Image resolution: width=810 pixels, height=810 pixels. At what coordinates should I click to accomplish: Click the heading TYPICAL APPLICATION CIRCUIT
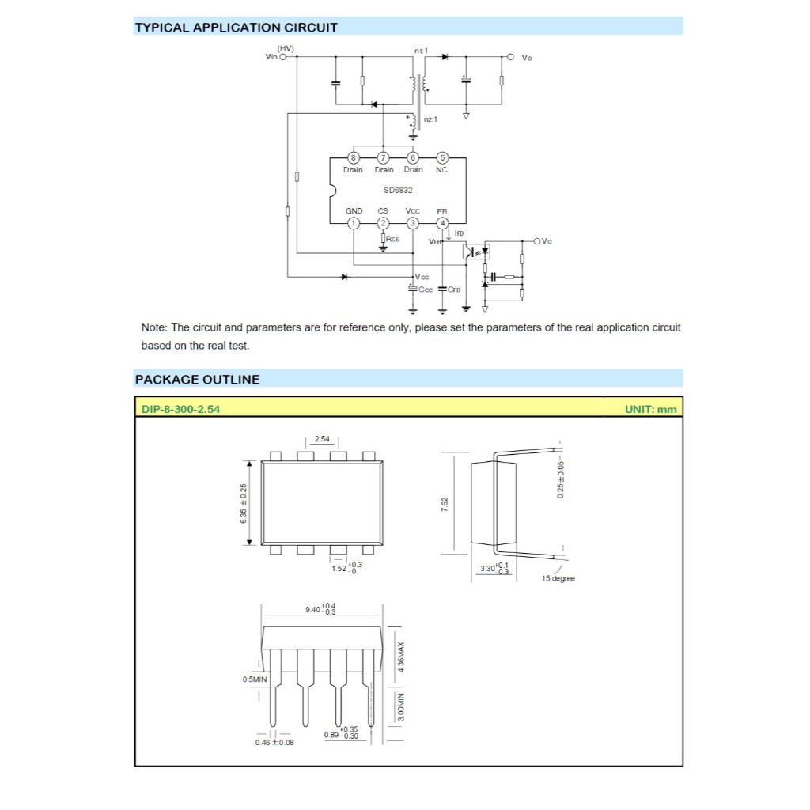coord(236,28)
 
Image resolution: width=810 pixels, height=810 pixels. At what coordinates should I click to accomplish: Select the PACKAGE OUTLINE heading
coord(197,379)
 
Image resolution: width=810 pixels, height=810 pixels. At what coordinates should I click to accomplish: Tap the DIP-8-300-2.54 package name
coord(180,409)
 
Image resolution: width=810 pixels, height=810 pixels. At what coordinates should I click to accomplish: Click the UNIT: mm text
coord(650,409)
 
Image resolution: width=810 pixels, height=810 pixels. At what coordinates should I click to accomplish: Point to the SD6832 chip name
coord(398,191)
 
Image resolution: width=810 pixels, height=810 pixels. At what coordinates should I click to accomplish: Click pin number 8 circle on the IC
coord(354,157)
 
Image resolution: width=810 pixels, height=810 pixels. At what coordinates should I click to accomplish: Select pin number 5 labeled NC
coord(442,157)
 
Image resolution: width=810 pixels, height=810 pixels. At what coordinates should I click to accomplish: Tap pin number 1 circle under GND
coord(354,223)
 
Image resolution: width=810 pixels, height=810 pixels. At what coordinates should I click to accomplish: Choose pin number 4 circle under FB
coord(442,223)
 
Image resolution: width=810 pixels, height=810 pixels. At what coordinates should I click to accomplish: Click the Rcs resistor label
coord(392,238)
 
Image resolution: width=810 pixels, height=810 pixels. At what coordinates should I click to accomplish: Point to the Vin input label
coord(271,57)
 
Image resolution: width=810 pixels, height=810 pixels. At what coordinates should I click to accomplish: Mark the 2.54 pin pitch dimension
coord(322,438)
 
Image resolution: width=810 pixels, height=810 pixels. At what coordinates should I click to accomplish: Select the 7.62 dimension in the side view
coord(445,503)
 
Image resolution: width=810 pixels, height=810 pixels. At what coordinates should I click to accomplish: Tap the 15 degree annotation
coord(558,579)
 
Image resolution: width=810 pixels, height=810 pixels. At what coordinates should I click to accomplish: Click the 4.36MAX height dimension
coord(401,657)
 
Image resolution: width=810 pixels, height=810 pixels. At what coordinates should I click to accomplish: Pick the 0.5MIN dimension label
coord(255,679)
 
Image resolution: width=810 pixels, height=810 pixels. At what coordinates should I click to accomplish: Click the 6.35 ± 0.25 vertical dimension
coord(244,503)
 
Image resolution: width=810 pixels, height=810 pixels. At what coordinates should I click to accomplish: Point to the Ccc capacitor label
coord(426,290)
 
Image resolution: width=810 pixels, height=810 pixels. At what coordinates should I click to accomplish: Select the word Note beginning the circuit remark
coord(153,327)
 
